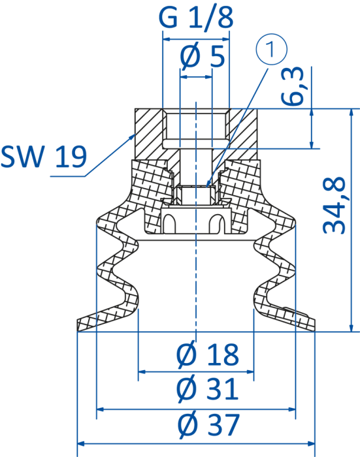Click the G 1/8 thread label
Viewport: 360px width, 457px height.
[196, 18]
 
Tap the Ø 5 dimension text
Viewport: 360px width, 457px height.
[203, 56]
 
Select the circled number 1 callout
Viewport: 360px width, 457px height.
[272, 49]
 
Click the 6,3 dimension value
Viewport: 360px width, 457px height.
[293, 86]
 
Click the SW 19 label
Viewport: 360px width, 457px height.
[44, 156]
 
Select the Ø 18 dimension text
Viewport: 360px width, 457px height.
[207, 355]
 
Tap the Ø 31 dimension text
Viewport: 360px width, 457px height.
[207, 389]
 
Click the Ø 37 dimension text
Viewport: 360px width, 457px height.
[208, 424]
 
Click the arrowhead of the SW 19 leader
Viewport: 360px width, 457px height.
[131, 137]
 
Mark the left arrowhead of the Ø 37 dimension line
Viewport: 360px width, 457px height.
[81, 444]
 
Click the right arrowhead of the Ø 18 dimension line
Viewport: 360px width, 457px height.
[250, 371]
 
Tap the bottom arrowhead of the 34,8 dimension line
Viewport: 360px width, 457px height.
[352, 328]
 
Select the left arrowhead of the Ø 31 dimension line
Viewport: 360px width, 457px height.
[100, 409]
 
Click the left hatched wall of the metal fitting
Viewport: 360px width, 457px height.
[149, 134]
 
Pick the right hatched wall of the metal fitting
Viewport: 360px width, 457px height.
[243, 134]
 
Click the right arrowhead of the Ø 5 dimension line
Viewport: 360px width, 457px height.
[208, 77]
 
